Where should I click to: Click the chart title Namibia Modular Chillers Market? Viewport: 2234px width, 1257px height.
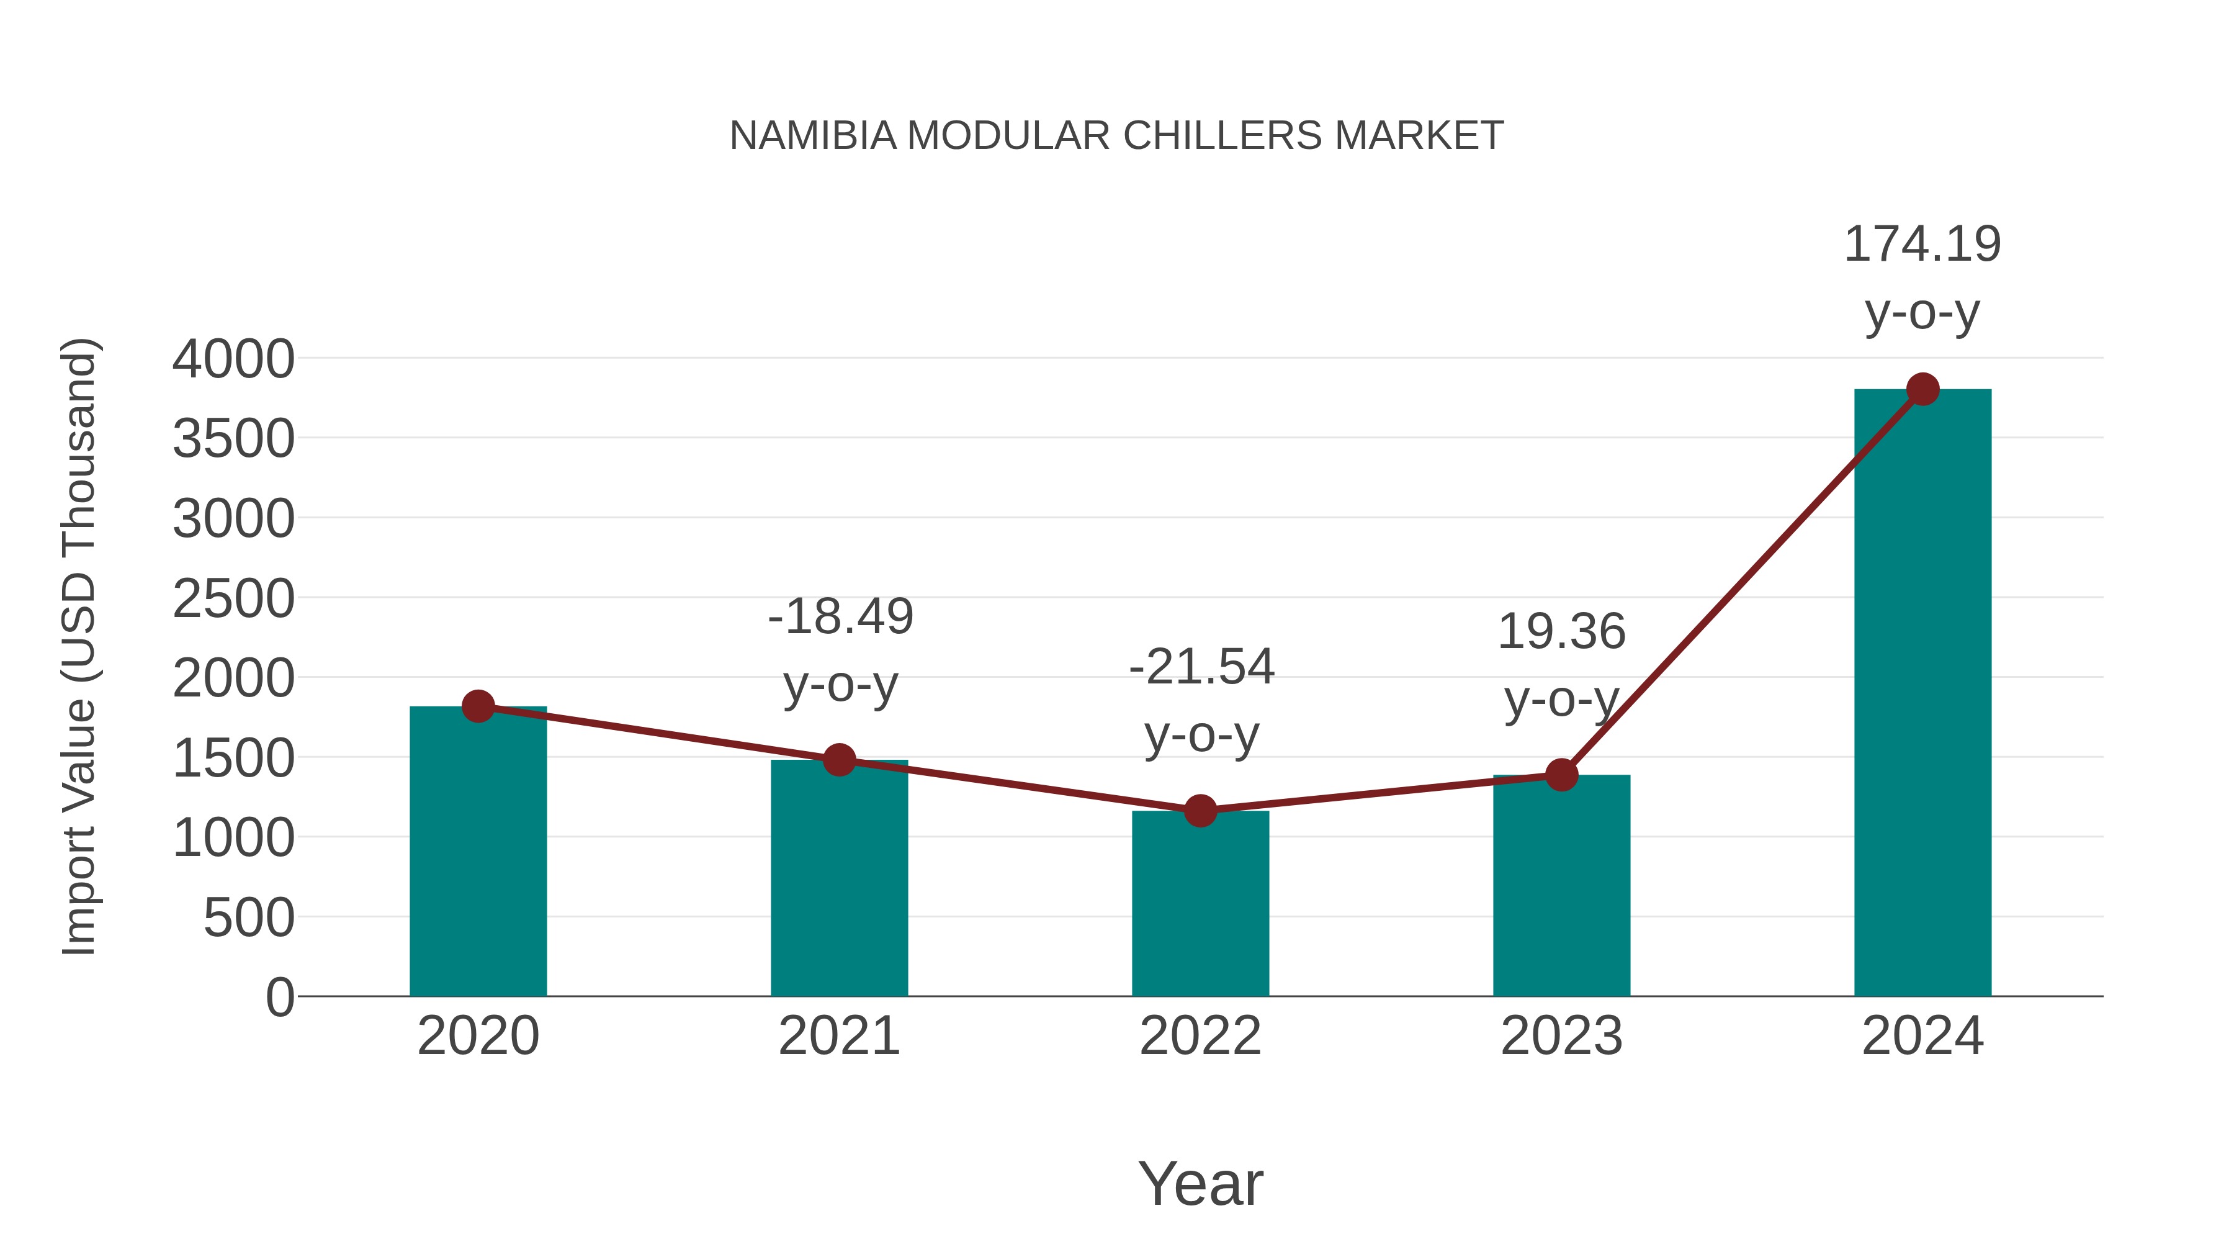coord(1116,135)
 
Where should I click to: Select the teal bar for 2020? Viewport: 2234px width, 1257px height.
coord(478,855)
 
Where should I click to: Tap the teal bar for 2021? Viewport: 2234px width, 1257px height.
coord(838,880)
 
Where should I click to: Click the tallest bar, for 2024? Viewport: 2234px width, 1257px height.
coord(1922,694)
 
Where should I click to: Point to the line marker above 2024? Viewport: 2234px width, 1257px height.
coord(1922,389)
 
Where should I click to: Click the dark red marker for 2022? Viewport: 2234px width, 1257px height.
coord(1200,811)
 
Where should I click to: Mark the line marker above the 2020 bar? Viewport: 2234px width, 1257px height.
coord(478,706)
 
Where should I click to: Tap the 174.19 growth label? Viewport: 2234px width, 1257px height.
coord(1922,245)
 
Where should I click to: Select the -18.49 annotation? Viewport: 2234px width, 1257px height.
coord(840,617)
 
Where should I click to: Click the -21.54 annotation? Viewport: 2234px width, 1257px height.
coord(1201,667)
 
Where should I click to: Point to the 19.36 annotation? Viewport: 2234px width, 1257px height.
coord(1561,631)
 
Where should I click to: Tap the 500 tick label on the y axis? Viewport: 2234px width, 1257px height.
coord(249,918)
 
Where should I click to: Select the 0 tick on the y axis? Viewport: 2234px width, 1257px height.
coord(280,997)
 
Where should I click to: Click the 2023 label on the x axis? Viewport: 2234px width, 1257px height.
coord(1561,1036)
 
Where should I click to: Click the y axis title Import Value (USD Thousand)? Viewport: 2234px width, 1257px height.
coord(79,646)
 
